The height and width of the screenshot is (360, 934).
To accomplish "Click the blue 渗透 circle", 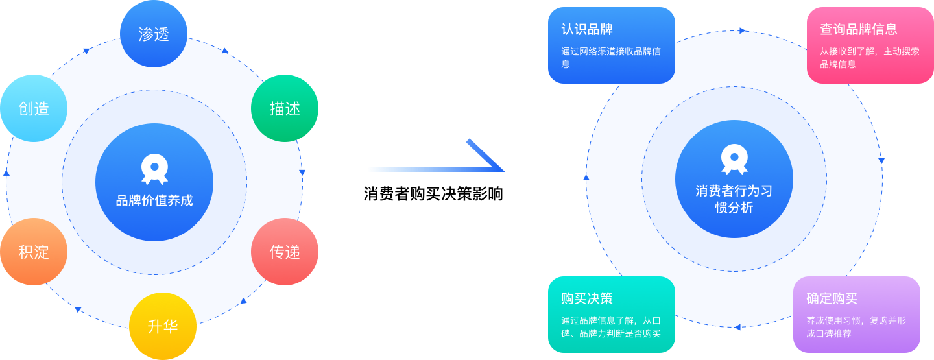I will [154, 34].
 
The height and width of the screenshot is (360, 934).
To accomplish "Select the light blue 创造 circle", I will [34, 108].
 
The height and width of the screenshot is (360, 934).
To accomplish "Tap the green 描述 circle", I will [285, 108].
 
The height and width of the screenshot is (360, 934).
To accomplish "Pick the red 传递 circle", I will [285, 252].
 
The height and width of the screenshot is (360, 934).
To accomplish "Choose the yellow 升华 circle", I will [163, 326].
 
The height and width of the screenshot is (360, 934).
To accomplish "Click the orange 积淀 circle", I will [34, 252].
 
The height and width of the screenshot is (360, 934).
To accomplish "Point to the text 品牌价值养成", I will [154, 200].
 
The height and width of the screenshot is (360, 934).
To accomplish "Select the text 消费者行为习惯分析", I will [734, 199].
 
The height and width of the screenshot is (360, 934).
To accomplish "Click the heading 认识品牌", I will [587, 30].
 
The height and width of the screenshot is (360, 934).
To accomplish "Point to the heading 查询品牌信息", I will [859, 29].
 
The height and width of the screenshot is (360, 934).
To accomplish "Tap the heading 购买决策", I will [587, 298].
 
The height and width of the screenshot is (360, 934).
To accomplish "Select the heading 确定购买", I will [832, 298].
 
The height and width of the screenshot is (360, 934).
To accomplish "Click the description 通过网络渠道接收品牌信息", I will [610, 57].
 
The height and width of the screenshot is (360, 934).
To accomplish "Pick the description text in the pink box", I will [869, 57].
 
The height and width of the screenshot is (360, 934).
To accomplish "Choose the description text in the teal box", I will [610, 326].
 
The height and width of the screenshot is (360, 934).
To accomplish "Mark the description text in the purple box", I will [856, 326].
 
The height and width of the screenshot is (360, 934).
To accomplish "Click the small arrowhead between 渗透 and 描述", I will [226, 51].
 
